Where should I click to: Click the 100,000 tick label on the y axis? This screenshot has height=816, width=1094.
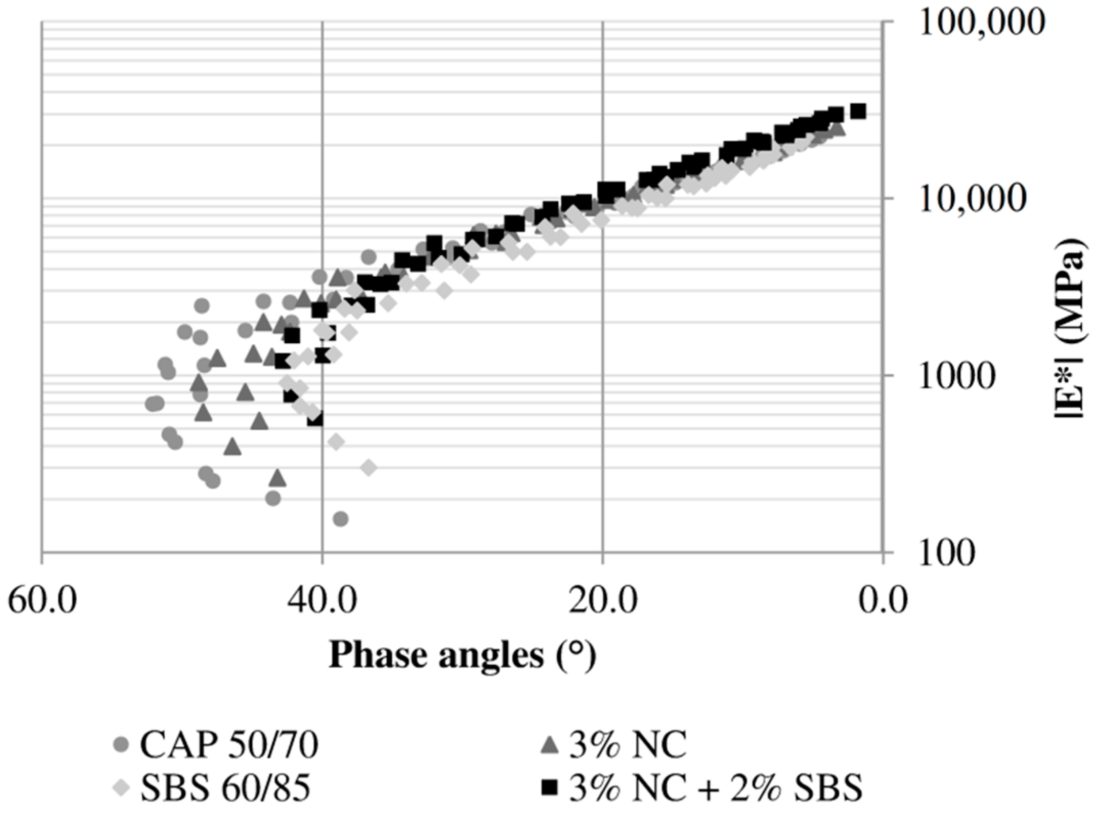click(x=981, y=23)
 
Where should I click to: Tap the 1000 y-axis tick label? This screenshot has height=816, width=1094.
click(x=957, y=377)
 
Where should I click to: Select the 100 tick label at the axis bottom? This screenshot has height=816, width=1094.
click(x=947, y=553)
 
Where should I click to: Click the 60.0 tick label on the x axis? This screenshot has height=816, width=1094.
click(x=42, y=600)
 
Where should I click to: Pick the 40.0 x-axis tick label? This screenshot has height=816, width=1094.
click(x=322, y=600)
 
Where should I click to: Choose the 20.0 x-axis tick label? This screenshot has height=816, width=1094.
click(x=603, y=600)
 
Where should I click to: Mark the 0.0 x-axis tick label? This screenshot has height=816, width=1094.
click(x=883, y=600)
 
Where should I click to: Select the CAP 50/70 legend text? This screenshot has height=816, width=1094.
click(x=229, y=745)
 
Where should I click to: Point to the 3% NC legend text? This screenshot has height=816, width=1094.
click(x=628, y=745)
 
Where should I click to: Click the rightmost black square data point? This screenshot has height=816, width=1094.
click(x=858, y=111)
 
